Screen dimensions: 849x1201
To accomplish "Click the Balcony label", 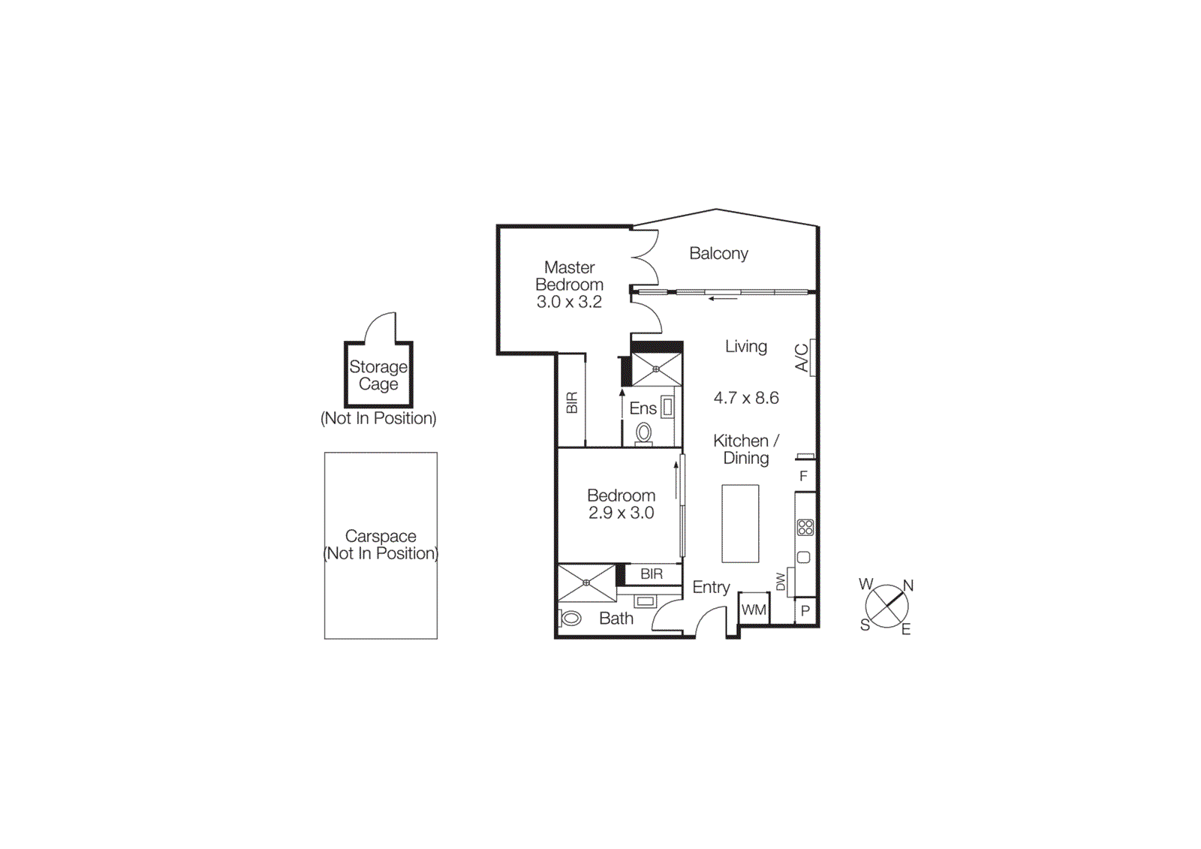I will pos(718,254).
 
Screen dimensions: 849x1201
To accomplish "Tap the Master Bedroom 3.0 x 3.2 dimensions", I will pos(569,302).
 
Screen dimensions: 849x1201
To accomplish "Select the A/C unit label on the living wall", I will pos(802,357).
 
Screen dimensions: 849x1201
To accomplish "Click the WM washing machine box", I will pos(754,610).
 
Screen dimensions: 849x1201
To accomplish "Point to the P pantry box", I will pos(805,611).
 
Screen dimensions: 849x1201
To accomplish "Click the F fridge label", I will pos(803,477).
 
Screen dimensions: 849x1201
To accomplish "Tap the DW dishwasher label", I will pos(781,582).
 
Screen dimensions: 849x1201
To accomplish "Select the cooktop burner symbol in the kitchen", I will pos(805,528).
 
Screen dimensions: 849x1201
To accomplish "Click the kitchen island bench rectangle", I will pos(740,523).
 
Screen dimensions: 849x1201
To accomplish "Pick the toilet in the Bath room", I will pos(570,619).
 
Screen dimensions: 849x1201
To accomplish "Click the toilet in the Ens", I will pos(644,433).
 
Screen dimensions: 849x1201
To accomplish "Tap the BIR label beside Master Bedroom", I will pos(572,403).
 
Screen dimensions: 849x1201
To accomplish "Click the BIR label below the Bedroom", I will pos(652,574).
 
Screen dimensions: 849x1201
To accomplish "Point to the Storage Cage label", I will pos(378,375).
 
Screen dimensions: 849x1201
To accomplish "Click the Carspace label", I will pos(381,536).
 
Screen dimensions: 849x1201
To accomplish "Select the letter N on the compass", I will pos(908,586).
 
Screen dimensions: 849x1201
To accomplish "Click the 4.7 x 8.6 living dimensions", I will pos(746,398).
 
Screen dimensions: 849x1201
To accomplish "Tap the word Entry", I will pos(711,587).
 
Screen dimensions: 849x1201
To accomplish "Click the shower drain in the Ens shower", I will pos(656,369).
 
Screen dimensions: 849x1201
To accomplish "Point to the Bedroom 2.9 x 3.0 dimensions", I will pos(621,513).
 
